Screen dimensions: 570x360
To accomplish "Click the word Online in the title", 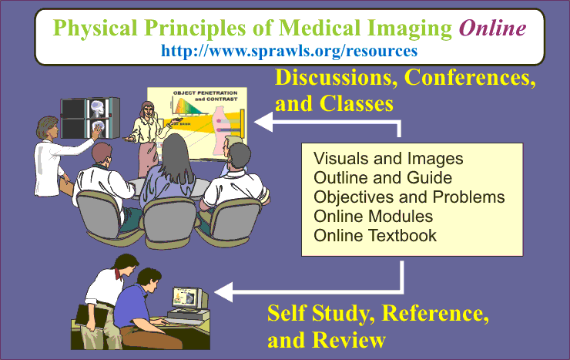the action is tap(492, 28).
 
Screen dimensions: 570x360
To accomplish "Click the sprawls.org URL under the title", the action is tap(289, 51).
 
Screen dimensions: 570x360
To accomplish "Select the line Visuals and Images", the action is tap(388, 159).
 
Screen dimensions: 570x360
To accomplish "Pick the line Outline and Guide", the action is tap(383, 178).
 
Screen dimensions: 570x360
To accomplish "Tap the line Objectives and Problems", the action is tap(409, 197).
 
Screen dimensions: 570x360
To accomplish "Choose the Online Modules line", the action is tap(373, 217).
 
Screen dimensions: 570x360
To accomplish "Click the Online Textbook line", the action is tap(375, 236).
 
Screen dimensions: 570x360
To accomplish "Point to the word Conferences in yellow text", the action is tap(470, 77).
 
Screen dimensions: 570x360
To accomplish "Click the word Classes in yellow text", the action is tap(357, 103).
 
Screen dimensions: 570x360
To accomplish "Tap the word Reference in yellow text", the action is tap(435, 313).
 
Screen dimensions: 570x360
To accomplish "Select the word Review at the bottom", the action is tap(349, 340).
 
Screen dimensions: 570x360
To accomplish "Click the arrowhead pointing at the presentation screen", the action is tap(263, 122).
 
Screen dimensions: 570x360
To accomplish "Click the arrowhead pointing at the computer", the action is tap(224, 292).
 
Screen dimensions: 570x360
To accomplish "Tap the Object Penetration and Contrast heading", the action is tap(205, 96).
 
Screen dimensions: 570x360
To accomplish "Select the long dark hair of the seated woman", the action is tap(176, 156).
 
